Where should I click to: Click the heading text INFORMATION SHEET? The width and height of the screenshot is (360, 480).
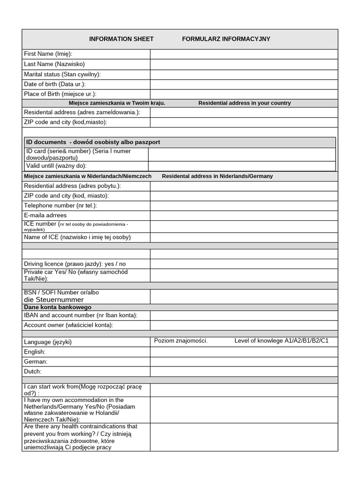point(121,39)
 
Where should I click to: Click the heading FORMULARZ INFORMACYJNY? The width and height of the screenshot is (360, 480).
point(226,39)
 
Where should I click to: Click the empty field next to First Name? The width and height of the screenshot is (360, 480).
point(244,54)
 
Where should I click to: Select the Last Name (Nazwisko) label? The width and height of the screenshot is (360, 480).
point(54,64)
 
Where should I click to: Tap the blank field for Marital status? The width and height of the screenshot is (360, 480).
point(244,74)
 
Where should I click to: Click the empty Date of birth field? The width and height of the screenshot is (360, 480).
point(244,84)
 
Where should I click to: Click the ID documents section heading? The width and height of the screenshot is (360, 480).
point(93,142)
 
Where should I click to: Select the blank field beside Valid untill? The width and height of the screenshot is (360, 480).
point(242,166)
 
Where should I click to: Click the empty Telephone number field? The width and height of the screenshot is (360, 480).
point(244,206)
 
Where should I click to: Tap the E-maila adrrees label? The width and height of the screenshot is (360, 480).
point(45,216)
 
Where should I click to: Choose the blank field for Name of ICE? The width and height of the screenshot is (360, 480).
point(244,238)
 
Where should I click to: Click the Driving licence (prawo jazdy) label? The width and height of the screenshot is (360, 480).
point(75,264)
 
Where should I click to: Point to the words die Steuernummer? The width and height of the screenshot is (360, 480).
point(54,300)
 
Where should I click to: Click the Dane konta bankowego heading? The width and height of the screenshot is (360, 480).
point(58,307)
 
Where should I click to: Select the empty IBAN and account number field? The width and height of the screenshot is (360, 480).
point(244,315)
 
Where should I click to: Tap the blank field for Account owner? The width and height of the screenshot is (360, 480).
point(244,325)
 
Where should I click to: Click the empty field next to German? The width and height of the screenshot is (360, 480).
point(244,362)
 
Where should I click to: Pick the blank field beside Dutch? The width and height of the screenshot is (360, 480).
point(244,372)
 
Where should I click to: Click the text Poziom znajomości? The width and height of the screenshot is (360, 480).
point(181,341)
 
